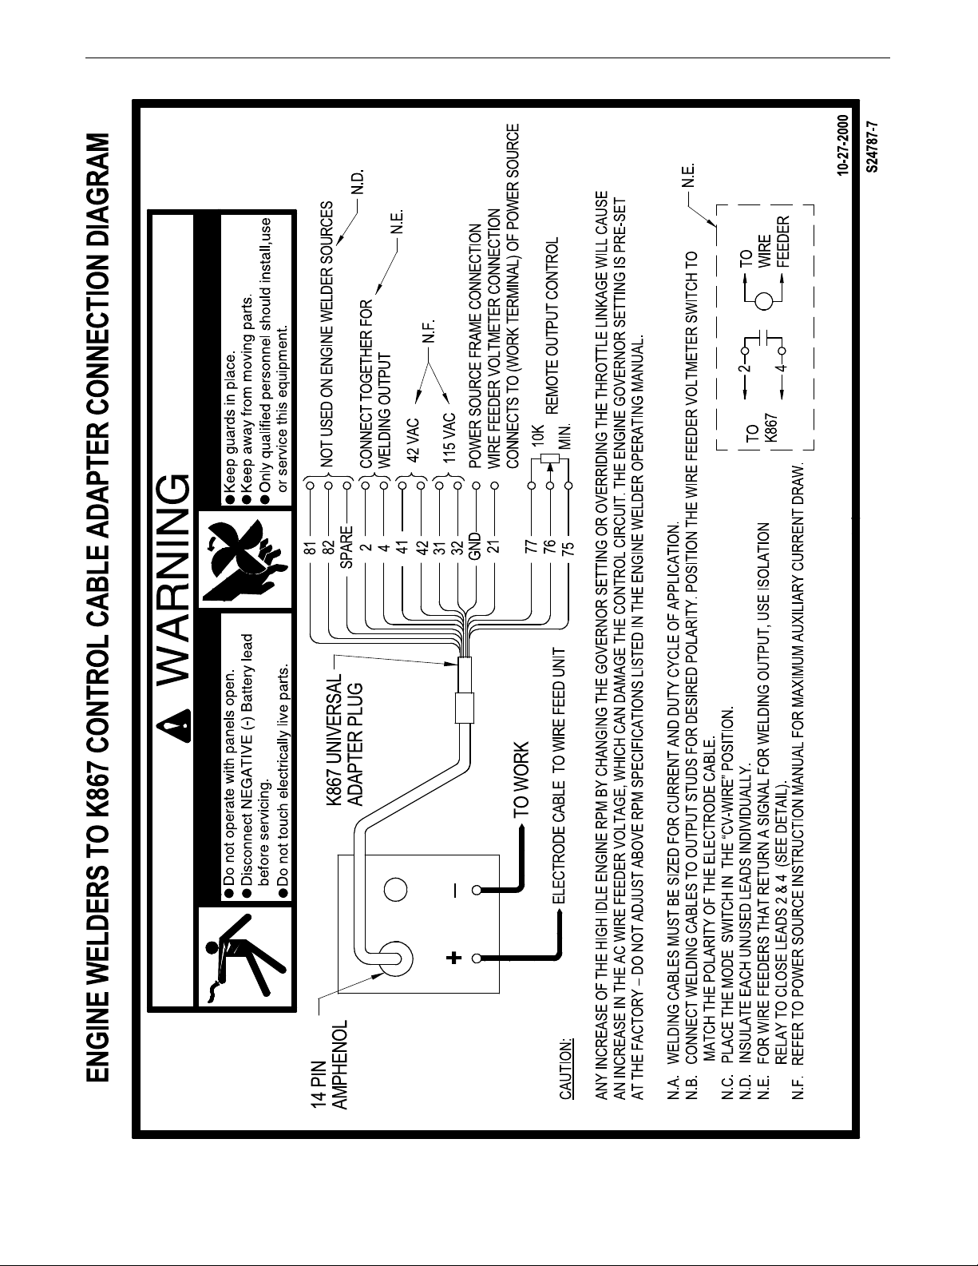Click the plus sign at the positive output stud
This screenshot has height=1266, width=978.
click(x=455, y=958)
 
